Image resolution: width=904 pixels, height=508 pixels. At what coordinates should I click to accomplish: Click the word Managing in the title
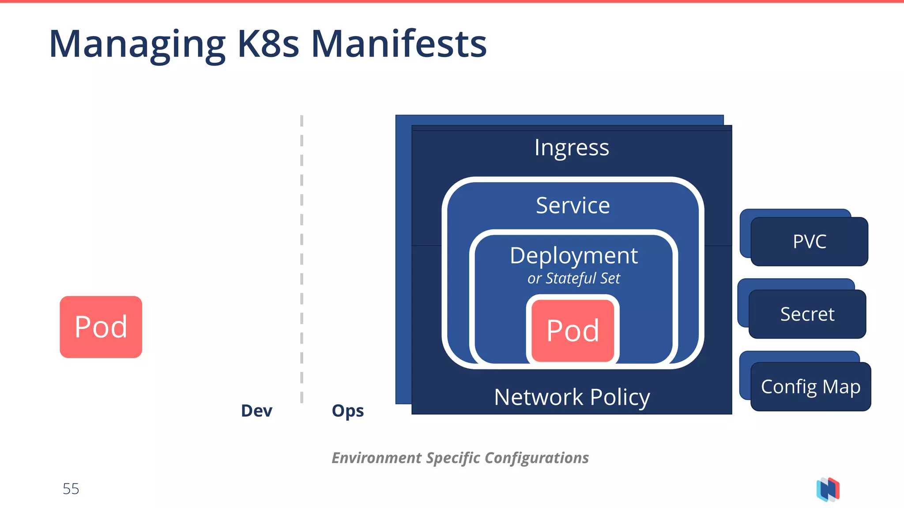click(137, 44)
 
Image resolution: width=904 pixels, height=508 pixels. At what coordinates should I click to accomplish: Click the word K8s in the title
click(268, 44)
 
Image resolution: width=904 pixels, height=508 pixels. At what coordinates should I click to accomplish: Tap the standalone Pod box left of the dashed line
click(101, 327)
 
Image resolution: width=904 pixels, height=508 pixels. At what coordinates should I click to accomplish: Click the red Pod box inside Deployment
click(573, 330)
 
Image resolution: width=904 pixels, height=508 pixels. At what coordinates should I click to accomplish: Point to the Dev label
click(256, 411)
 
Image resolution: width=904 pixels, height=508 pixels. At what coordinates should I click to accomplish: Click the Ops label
click(348, 411)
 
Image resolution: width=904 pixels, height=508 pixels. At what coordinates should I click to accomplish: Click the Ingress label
click(572, 148)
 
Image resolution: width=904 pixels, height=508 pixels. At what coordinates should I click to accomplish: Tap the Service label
click(573, 205)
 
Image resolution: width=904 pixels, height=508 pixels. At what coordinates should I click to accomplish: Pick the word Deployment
click(573, 256)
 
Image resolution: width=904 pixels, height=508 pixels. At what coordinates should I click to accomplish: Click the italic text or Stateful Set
click(573, 278)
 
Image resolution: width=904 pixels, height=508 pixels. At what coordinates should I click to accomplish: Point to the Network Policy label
click(572, 397)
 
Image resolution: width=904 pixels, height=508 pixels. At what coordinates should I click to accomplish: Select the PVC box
click(809, 242)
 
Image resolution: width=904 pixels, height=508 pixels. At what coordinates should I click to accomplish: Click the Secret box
click(807, 314)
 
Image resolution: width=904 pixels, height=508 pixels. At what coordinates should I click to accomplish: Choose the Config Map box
click(810, 387)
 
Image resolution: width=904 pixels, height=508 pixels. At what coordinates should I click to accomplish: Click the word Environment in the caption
click(377, 458)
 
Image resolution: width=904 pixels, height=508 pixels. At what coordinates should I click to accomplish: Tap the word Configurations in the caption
click(536, 458)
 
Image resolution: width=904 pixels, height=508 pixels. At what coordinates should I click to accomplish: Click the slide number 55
click(71, 489)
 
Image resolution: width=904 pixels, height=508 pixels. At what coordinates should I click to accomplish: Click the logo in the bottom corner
click(828, 489)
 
